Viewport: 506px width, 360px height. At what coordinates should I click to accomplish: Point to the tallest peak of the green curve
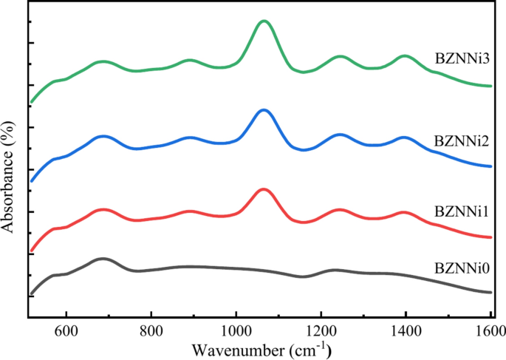264,21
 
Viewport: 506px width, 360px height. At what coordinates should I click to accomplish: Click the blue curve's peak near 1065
264,109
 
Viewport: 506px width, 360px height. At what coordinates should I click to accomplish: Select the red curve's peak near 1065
264,189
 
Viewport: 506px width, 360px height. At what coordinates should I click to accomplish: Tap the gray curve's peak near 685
103,259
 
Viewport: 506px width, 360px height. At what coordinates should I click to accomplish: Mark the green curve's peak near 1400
404,55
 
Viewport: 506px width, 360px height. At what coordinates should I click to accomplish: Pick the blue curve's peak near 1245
340,135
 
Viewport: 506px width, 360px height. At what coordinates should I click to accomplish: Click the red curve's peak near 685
103,210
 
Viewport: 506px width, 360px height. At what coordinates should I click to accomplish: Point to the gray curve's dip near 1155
302,277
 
